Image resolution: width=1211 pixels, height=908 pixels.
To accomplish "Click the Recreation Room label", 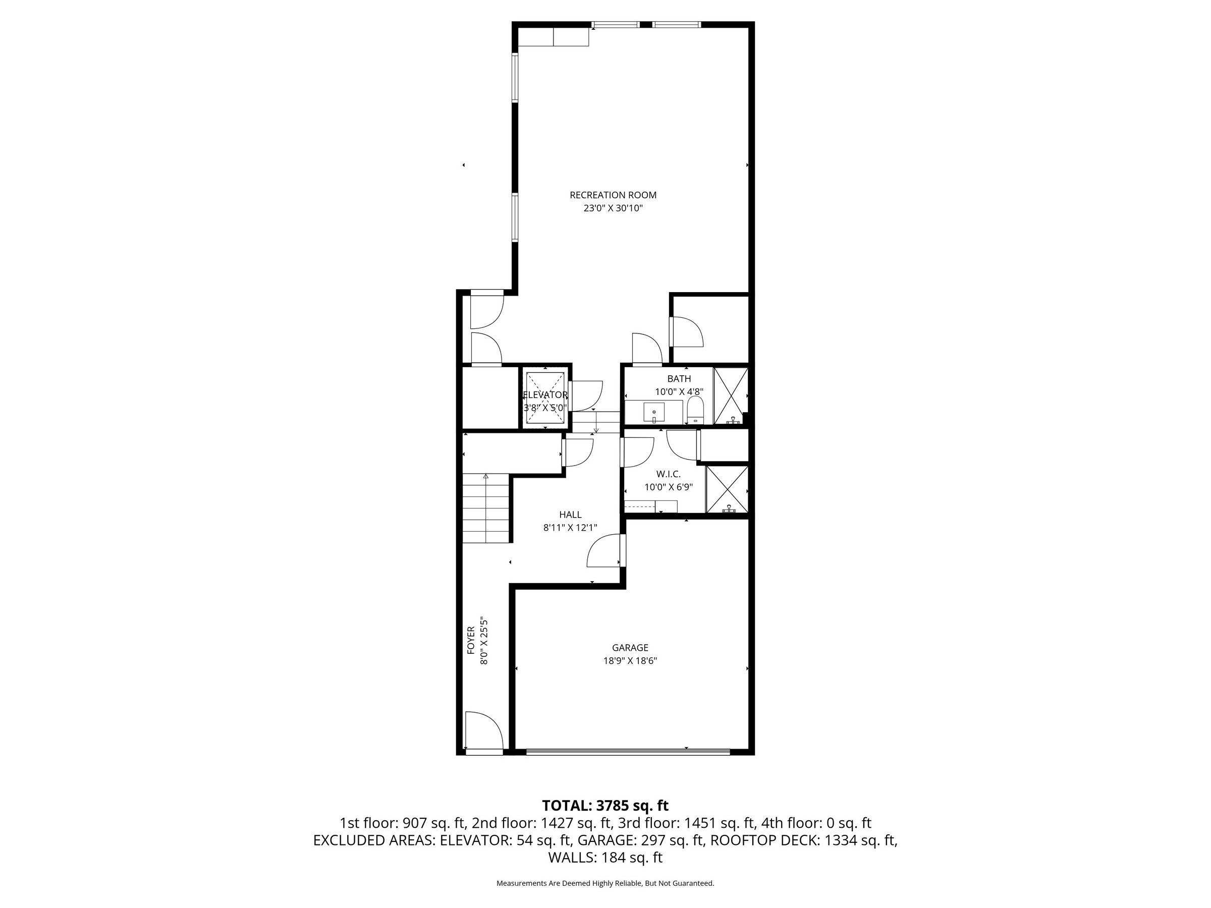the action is point(613,195).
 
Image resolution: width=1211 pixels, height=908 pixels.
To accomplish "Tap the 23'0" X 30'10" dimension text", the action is point(613,208).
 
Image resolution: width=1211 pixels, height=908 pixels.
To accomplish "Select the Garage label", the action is point(630,648).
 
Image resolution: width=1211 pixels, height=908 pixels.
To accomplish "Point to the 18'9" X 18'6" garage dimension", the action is point(630,661).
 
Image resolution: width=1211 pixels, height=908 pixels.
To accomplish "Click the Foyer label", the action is point(471,640).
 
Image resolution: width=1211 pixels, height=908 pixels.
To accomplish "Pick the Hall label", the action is point(571,515).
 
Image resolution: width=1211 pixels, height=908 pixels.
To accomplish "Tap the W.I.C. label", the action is point(669,474).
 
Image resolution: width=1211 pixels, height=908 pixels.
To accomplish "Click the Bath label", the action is point(679,379).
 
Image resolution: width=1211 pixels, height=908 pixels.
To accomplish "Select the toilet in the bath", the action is point(695,411).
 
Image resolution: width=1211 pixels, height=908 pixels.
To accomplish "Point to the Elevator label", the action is point(545,394).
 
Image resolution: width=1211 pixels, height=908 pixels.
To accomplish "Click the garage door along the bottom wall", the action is point(628,752).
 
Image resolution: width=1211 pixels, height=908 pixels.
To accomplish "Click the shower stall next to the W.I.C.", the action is point(727,489).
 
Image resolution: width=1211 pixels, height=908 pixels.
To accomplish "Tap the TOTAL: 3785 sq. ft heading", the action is point(605,805).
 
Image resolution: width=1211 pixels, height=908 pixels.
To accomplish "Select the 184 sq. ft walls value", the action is point(631,858).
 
